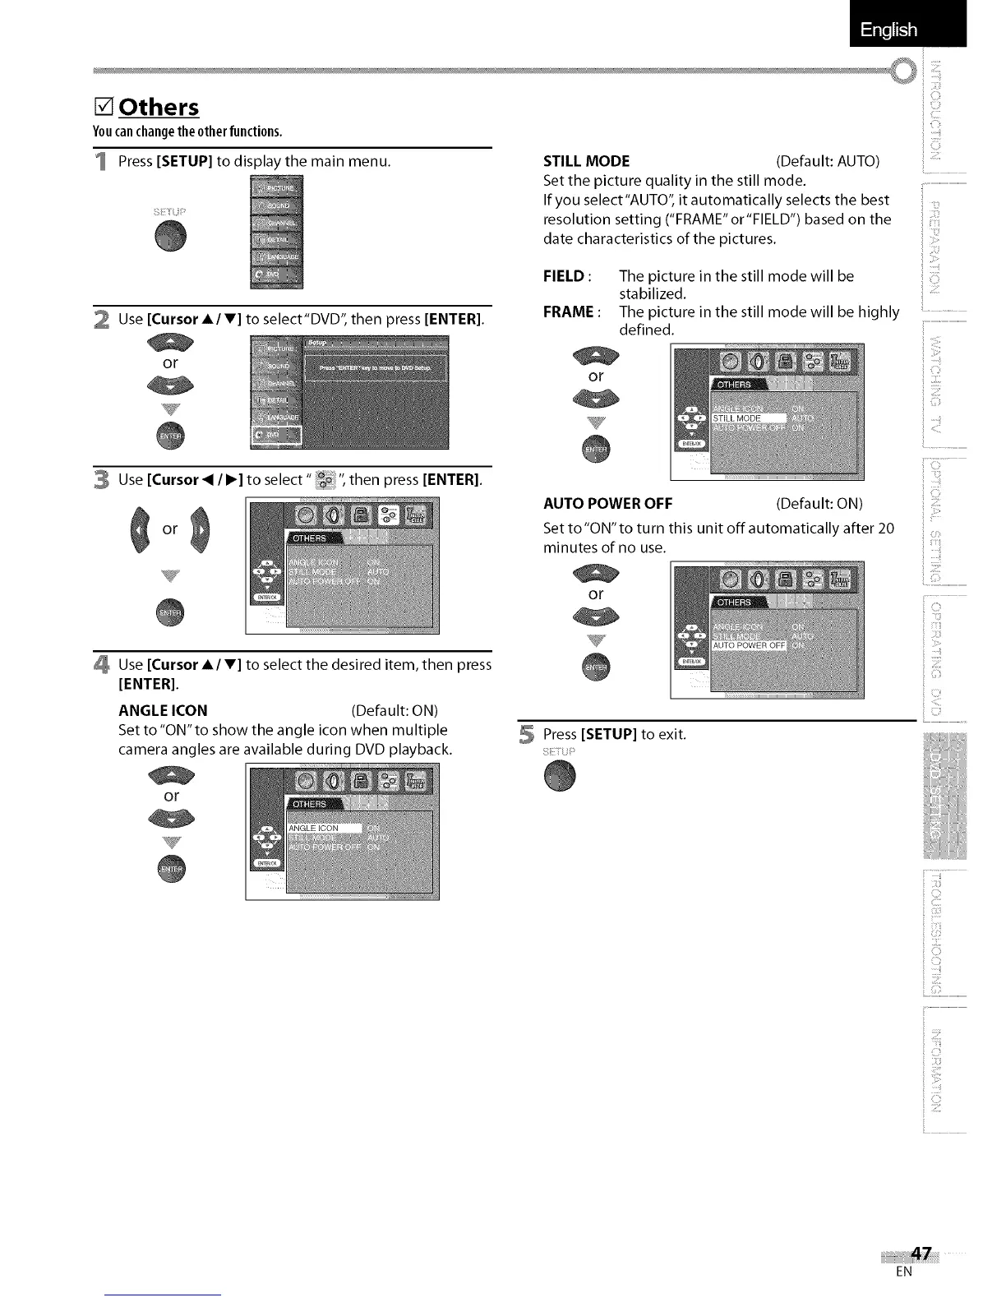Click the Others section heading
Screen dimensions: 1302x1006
pyautogui.click(x=159, y=108)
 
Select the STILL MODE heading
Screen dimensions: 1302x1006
pyautogui.click(x=587, y=161)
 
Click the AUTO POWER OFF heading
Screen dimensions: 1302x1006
pyautogui.click(x=607, y=503)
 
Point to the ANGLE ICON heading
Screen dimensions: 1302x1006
pyautogui.click(x=163, y=710)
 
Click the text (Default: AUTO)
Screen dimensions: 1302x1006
pyautogui.click(x=828, y=161)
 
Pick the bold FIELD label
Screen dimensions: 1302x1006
pyautogui.click(x=563, y=275)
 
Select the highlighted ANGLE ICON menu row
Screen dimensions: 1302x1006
pyautogui.click(x=325, y=828)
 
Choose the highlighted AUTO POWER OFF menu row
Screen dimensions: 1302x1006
pyautogui.click(x=749, y=644)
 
